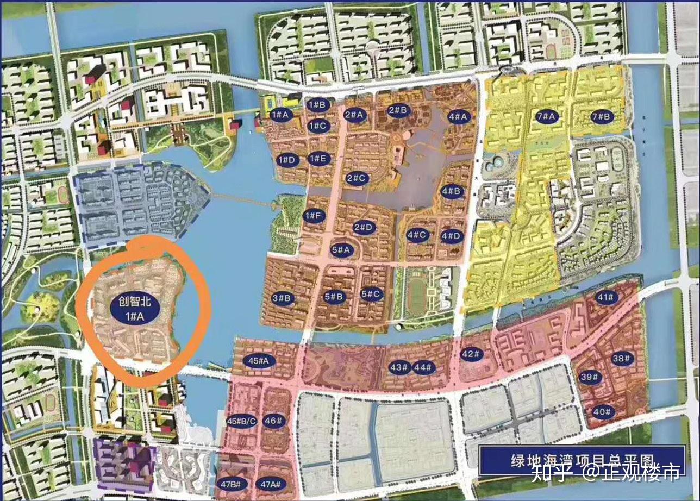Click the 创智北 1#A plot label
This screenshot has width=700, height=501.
pyautogui.click(x=135, y=309)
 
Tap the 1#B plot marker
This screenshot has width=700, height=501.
pyautogui.click(x=316, y=104)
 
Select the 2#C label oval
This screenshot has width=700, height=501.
pyautogui.click(x=358, y=178)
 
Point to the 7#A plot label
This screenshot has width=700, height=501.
pyautogui.click(x=546, y=116)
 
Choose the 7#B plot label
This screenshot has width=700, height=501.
pyautogui.click(x=602, y=116)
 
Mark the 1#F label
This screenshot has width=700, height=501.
pyautogui.click(x=314, y=216)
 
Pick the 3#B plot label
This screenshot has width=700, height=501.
pyautogui.click(x=283, y=298)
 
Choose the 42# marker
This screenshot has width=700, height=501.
pyautogui.click(x=471, y=354)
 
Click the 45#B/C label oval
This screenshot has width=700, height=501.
pyautogui.click(x=241, y=421)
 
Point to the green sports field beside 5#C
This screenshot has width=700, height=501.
pyautogui.click(x=416, y=296)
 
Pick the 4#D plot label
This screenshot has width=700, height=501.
pyautogui.click(x=451, y=236)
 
